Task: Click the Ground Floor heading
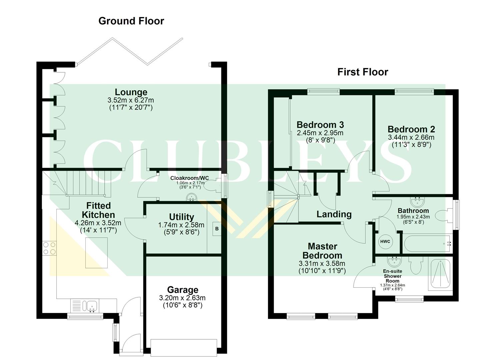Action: click(131, 21)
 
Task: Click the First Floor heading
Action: click(363, 72)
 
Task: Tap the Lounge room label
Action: click(131, 92)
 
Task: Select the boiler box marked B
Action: click(217, 229)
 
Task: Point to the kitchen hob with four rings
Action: click(49, 248)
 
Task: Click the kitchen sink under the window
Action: click(90, 306)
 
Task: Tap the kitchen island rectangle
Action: click(97, 253)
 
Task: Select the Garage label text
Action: click(183, 290)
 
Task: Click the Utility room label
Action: click(181, 217)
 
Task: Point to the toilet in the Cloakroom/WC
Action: click(210, 187)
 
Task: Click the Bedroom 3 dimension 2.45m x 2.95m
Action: click(320, 133)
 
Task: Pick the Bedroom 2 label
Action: click(411, 129)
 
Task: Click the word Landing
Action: click(334, 214)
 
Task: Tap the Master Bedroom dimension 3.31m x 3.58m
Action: click(322, 263)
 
